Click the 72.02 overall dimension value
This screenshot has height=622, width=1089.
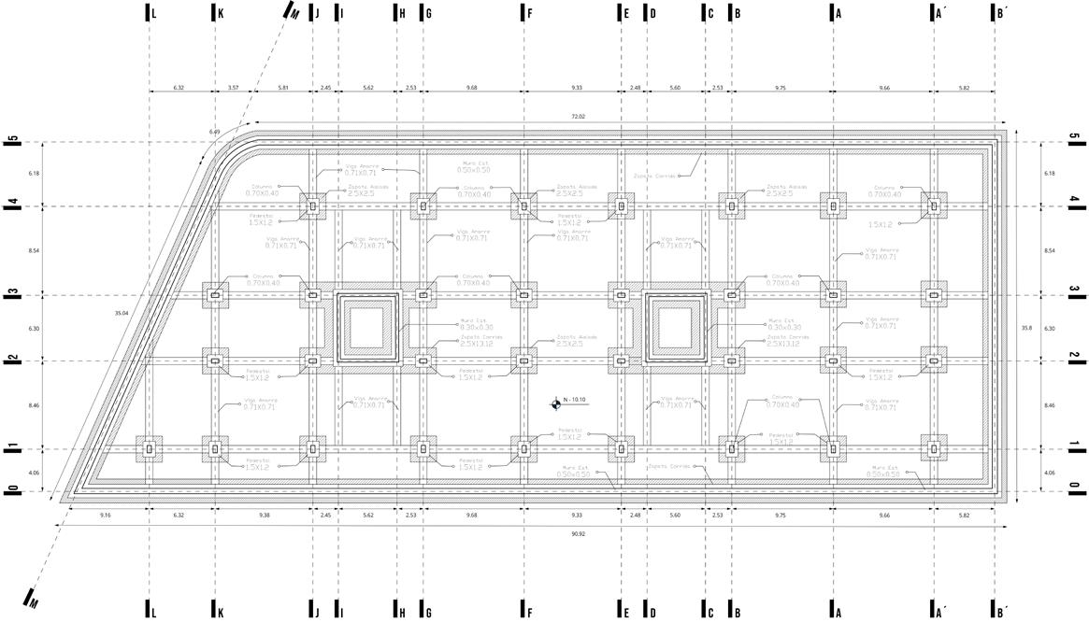pyautogui.click(x=578, y=117)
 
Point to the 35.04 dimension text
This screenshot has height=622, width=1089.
pyautogui.click(x=121, y=313)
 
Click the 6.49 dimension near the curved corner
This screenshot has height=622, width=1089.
pyautogui.click(x=216, y=132)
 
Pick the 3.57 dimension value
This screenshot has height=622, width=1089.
pyautogui.click(x=233, y=87)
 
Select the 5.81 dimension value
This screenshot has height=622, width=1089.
pyautogui.click(x=283, y=87)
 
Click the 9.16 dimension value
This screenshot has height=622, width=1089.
pyautogui.click(x=105, y=515)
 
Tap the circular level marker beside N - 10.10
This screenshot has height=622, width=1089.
pyautogui.click(x=556, y=403)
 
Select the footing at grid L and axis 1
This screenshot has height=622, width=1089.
pyautogui.click(x=149, y=449)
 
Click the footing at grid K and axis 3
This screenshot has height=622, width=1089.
pyautogui.click(x=215, y=296)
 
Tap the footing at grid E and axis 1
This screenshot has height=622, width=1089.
pyautogui.click(x=620, y=449)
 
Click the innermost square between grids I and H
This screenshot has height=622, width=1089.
pyautogui.click(x=366, y=328)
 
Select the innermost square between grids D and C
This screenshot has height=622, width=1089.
pyautogui.click(x=675, y=328)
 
